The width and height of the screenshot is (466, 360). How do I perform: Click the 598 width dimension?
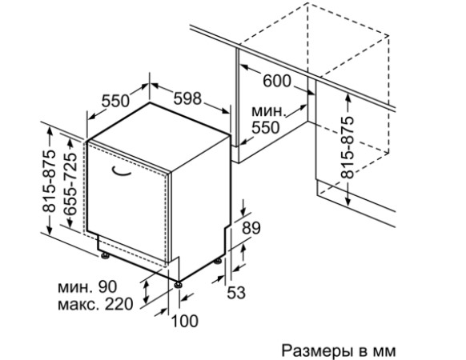pyautogui.click(x=187, y=98)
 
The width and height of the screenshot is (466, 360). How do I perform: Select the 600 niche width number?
pyautogui.click(x=277, y=81)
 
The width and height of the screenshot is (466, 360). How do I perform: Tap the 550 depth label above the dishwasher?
pyautogui.click(x=115, y=101)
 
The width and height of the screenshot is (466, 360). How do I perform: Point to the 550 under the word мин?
pyautogui.click(x=266, y=127)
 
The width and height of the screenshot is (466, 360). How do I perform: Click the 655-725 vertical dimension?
pyautogui.click(x=70, y=184)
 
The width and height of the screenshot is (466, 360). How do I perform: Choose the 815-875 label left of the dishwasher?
pyautogui.click(x=49, y=181)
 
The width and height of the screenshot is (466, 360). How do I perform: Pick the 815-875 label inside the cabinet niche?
pyautogui.click(x=347, y=148)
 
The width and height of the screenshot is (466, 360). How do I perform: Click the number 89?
pyautogui.click(x=251, y=228)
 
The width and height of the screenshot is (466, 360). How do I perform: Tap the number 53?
pyautogui.click(x=236, y=292)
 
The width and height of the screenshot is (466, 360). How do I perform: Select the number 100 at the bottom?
pyautogui.click(x=185, y=321)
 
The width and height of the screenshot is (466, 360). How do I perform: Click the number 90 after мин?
pyautogui.click(x=108, y=286)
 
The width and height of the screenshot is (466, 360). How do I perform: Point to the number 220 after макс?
pyautogui.click(x=119, y=304)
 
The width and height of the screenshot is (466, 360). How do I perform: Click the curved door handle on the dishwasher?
pyautogui.click(x=121, y=171)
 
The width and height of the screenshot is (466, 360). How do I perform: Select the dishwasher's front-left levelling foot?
pyautogui.click(x=104, y=255)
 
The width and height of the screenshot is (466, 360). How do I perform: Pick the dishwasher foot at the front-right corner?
pyautogui.click(x=179, y=284)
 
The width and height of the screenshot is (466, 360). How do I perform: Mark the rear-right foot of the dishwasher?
pyautogui.click(x=218, y=261)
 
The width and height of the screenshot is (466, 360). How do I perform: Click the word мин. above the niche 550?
pyautogui.click(x=269, y=112)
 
